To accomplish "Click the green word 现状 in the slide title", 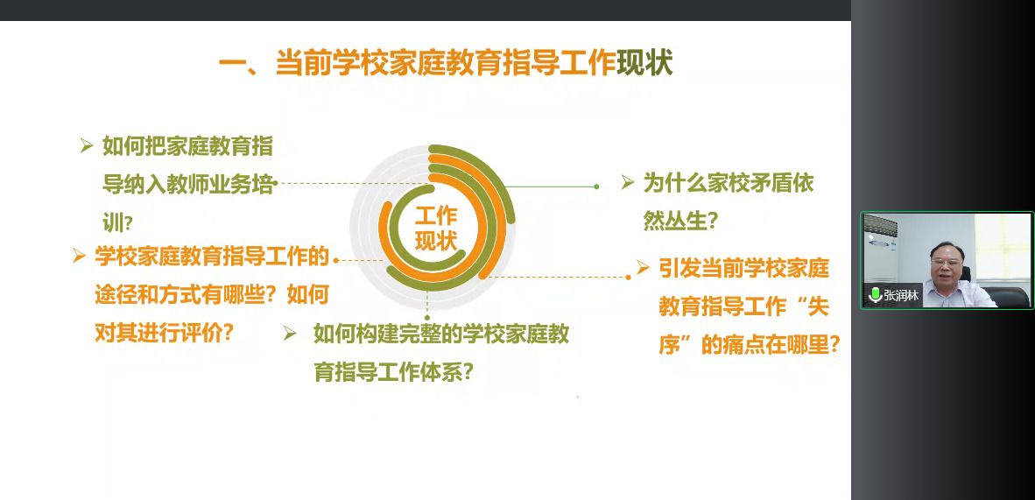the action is (644, 64).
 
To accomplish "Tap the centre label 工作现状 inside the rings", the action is (436, 228).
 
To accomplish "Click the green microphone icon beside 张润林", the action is (876, 294).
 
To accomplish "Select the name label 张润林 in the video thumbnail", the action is (901, 295).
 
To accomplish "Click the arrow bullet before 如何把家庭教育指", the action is (87, 146).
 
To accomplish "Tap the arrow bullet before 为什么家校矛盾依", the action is (627, 182).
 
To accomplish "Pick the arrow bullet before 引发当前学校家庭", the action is (642, 267).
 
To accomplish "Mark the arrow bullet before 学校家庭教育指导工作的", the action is (79, 256).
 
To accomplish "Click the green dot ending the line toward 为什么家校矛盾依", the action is (596, 187).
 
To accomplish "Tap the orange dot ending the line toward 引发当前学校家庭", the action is (629, 278).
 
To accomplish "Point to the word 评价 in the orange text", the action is (200, 333).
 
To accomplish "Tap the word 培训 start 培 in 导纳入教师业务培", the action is (263, 186).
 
